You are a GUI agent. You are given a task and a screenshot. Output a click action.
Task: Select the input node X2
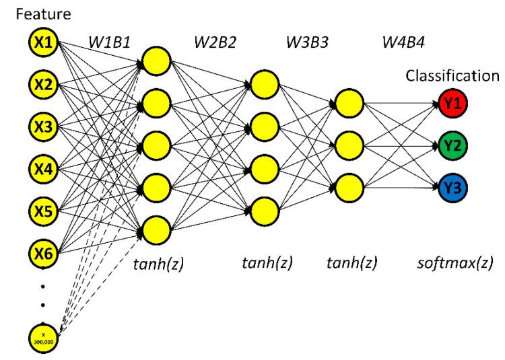pyautogui.click(x=44, y=84)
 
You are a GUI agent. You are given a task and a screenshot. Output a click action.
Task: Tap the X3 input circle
pyautogui.click(x=44, y=126)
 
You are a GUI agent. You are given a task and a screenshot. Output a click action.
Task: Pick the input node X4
pyautogui.click(x=44, y=168)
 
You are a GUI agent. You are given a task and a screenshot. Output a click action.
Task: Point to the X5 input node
pyautogui.click(x=44, y=209)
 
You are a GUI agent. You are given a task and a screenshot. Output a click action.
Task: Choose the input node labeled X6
pyautogui.click(x=44, y=252)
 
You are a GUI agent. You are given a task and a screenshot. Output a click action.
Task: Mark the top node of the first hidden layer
pyautogui.click(x=157, y=60)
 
